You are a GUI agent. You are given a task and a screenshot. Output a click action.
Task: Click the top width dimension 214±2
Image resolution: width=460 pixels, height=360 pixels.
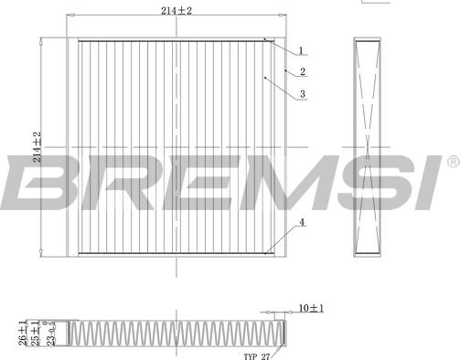pos(177,11)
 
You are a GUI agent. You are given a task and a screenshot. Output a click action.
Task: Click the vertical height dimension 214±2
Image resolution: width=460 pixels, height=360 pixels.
pos(37,147)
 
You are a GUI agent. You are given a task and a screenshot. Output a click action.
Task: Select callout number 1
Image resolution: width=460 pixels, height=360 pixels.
pos(301,50)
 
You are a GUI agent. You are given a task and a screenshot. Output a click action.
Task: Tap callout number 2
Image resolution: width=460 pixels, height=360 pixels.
pos(303,71)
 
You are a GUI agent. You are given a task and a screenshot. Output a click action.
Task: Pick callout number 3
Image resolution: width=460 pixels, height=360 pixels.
pos(303,94)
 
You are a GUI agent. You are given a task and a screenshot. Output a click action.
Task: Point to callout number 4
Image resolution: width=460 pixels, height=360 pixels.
pos(302,222)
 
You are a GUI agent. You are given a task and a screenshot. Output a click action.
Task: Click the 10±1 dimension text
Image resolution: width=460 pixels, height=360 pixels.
pos(311,308)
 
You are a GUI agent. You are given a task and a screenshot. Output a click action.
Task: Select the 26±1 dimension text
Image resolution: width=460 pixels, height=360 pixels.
pos(23,333)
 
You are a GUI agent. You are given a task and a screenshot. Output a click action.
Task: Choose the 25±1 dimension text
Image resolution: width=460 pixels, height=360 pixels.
pos(36,333)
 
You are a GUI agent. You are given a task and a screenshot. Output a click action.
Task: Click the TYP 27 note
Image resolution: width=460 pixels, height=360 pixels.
pos(257,356)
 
